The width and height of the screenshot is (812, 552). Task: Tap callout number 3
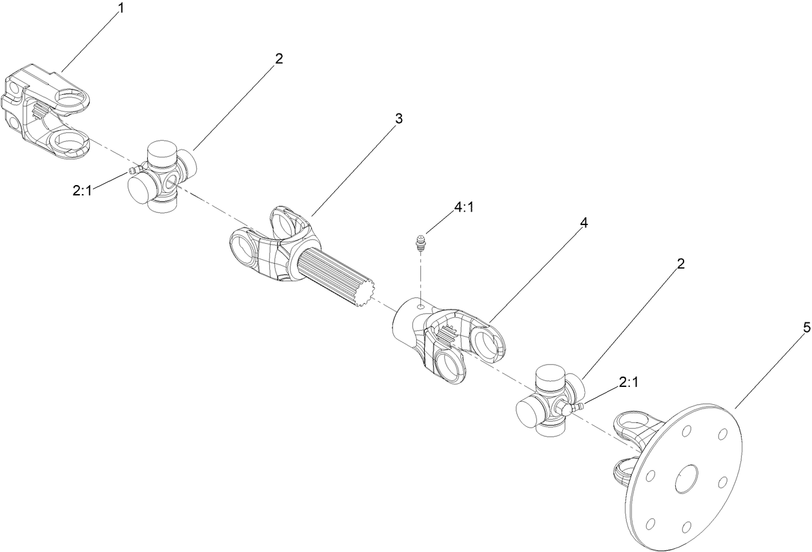[x=399, y=119]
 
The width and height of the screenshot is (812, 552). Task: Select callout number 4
[x=584, y=222]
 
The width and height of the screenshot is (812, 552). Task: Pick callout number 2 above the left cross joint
[x=278, y=59]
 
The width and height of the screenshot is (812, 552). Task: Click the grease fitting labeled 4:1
[x=420, y=243]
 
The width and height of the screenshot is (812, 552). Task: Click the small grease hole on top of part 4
[x=421, y=308]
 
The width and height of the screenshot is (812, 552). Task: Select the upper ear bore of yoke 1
[x=72, y=99]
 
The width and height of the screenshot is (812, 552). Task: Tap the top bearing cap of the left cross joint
[x=161, y=154]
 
